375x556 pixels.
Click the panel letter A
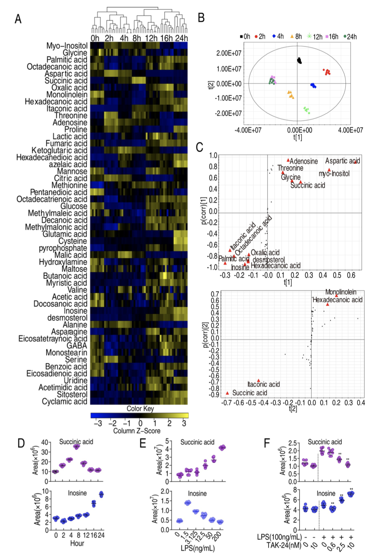click(x=18, y=19)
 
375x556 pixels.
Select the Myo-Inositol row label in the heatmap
click(x=67, y=46)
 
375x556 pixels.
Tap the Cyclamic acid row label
click(x=64, y=401)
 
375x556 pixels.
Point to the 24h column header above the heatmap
click(x=182, y=38)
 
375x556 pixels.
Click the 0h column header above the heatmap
click(x=95, y=38)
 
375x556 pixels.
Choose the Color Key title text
click(x=140, y=408)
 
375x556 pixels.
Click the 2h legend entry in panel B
click(x=260, y=36)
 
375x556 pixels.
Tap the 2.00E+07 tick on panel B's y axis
click(x=229, y=53)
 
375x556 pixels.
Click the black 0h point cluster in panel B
click(x=300, y=61)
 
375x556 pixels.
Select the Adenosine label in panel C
click(x=304, y=161)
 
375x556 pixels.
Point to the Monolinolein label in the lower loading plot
click(x=341, y=292)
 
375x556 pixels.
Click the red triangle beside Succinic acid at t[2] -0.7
click(x=227, y=393)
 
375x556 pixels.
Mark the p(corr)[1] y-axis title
click(x=204, y=211)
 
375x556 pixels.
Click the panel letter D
click(x=21, y=443)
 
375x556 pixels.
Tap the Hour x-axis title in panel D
click(x=77, y=543)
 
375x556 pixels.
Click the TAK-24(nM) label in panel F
click(x=283, y=545)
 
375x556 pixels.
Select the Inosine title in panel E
click(x=197, y=494)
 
